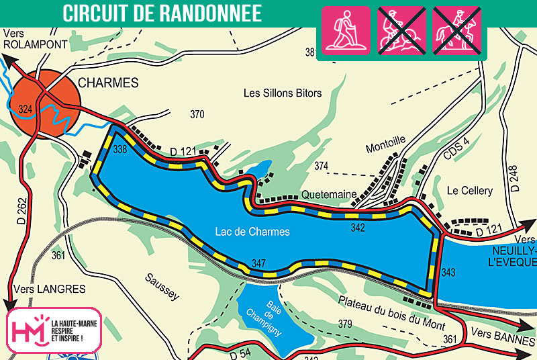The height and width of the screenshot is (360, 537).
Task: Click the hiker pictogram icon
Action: [x=346, y=30]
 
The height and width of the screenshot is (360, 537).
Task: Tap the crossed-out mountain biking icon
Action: [x=400, y=30]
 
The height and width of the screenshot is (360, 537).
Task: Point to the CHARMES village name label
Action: [x=108, y=83]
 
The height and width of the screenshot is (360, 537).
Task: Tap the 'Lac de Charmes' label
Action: [x=252, y=232]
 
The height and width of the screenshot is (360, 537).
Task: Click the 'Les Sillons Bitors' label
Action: [x=282, y=93]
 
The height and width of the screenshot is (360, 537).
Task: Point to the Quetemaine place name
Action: [x=329, y=194]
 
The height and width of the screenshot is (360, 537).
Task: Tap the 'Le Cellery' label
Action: [x=470, y=191]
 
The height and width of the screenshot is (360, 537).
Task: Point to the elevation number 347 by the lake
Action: [x=259, y=263]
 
